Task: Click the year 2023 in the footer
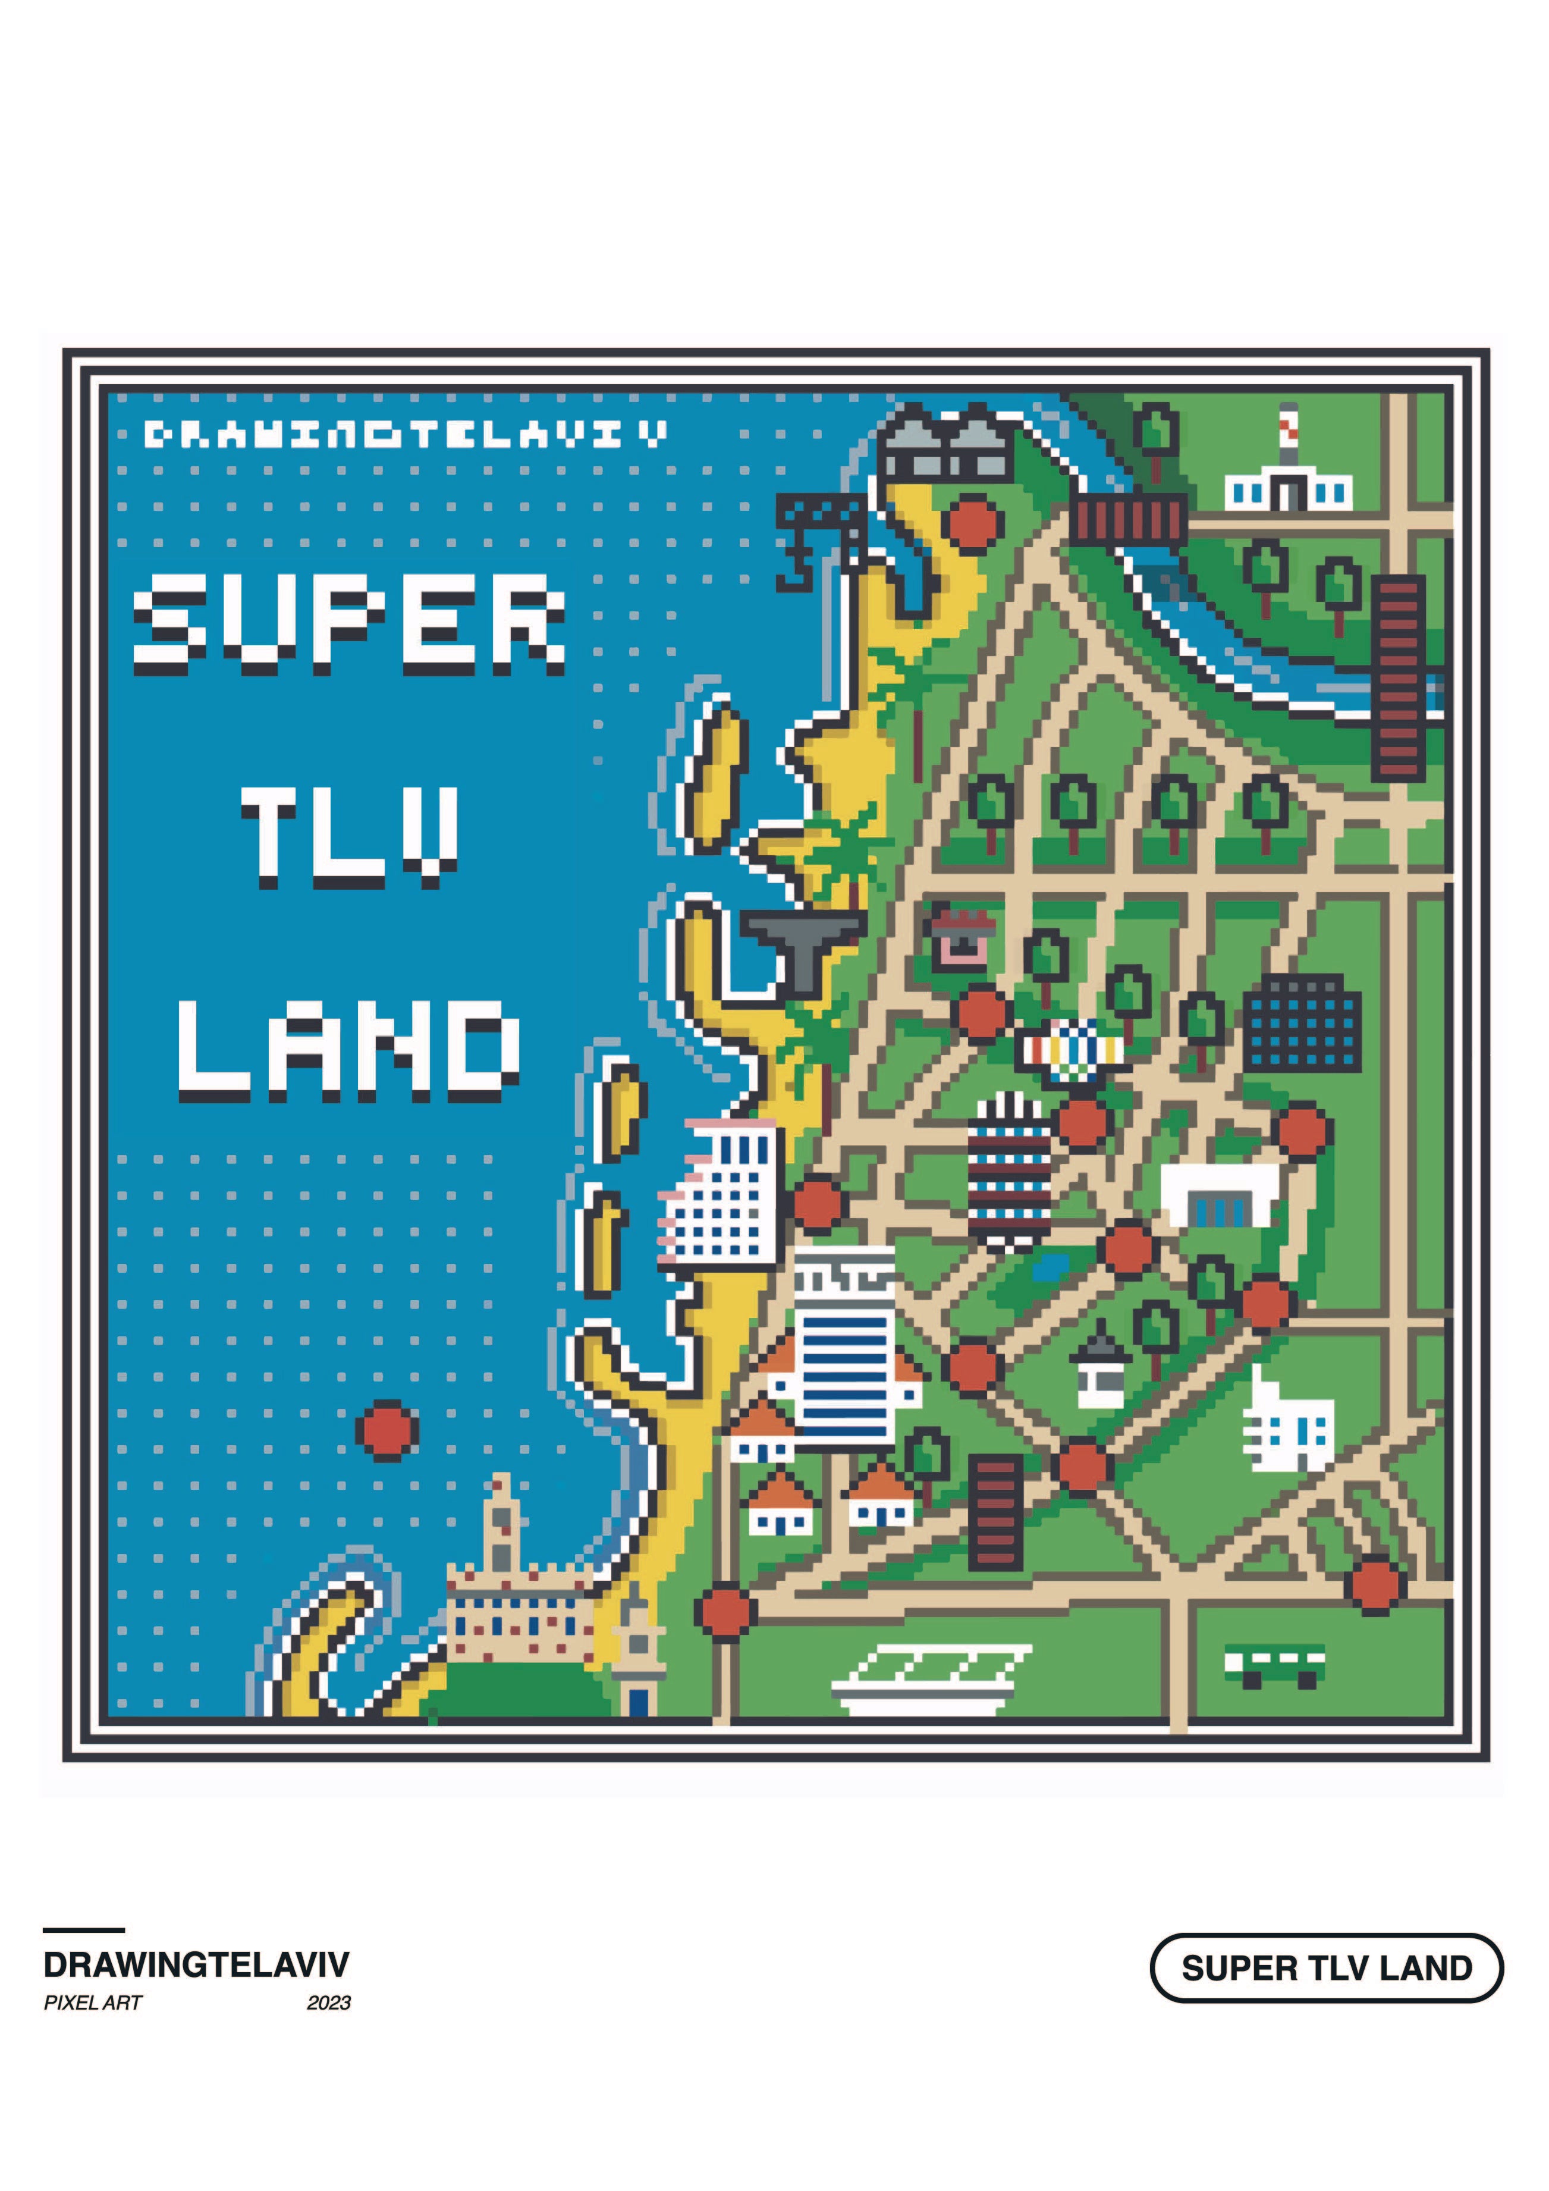pos(329,2003)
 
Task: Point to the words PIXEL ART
pos(93,2003)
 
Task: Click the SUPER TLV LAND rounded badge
pos(1326,1968)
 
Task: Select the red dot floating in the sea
pos(387,1430)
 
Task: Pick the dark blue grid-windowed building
pos(1302,1023)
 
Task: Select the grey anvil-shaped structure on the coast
pos(803,947)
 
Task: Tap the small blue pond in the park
pos(1050,1268)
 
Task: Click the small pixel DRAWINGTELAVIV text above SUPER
pos(406,435)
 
